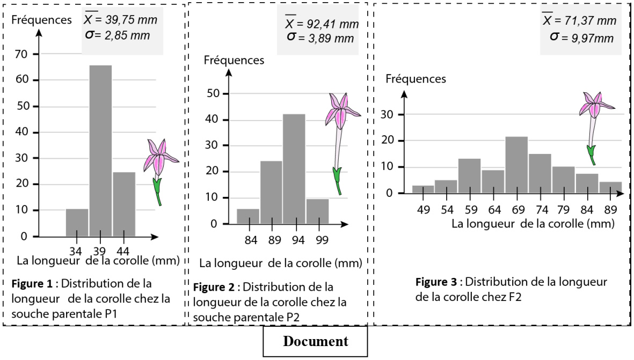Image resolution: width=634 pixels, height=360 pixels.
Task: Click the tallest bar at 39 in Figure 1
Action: pos(100,151)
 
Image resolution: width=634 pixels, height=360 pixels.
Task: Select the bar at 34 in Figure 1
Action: pos(77,223)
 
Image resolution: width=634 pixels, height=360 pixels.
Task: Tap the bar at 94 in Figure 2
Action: pos(294,168)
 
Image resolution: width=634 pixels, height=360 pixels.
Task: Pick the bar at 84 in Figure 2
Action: pos(247,216)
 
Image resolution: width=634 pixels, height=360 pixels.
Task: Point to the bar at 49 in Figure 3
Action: pos(423,189)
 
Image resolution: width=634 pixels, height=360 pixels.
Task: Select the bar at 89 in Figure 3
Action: pos(610,188)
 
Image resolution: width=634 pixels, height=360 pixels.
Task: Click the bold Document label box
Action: pos(315,341)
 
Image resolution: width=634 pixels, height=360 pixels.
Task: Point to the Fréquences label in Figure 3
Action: pos(417,79)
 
